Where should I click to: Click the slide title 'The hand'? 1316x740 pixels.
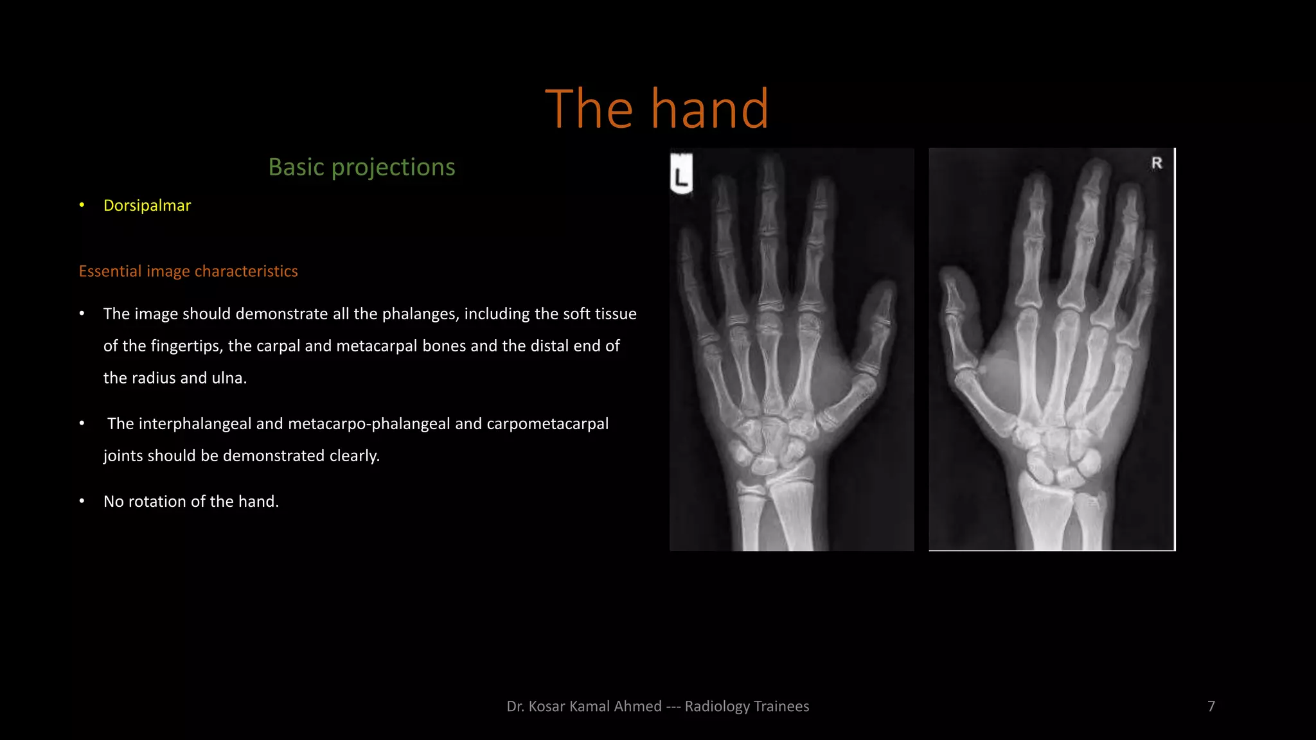point(657,109)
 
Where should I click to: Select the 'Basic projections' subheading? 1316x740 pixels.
point(362,167)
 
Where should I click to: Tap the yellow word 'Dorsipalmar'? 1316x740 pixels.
point(147,206)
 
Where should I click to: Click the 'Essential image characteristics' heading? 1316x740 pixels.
point(188,271)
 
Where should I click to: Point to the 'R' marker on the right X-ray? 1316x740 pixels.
point(1157,163)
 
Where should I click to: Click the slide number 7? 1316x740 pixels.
point(1211,707)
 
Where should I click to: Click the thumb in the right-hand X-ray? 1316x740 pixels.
point(957,321)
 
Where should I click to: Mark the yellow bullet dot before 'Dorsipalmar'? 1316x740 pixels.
point(82,205)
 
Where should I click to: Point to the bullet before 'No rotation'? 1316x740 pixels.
point(82,501)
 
